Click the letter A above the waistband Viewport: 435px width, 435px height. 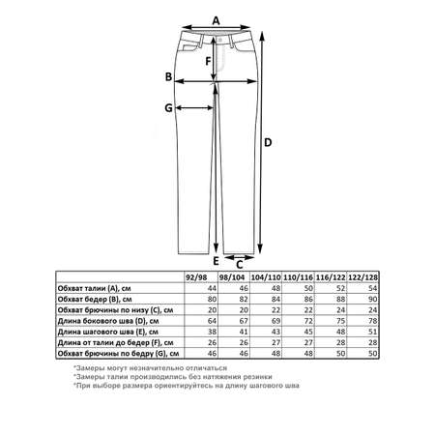[216, 21]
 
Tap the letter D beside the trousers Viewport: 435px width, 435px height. [268, 142]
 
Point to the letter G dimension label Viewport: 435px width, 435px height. [168, 108]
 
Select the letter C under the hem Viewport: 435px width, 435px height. [240, 265]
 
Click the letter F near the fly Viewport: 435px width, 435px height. [208, 61]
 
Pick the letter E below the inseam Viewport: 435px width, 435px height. [216, 261]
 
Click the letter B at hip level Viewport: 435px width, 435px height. [168, 77]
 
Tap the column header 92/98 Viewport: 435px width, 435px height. [197, 277]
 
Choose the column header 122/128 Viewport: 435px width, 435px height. [363, 277]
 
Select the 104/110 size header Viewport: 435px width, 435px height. [266, 277]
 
